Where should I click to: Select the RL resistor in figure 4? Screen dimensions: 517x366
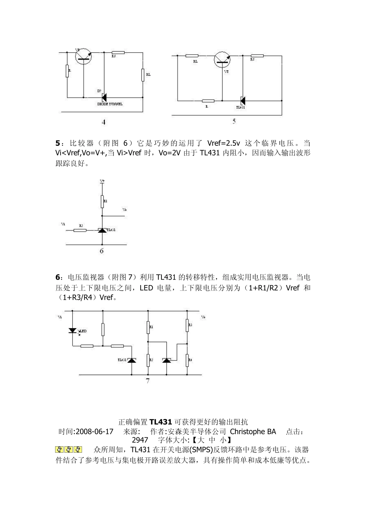tap(143, 75)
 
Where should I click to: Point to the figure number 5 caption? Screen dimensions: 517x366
tap(234, 121)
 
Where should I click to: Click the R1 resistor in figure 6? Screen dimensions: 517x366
tap(102, 202)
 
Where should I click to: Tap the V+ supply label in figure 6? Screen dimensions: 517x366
tap(102, 180)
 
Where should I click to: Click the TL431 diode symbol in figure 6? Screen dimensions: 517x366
tap(102, 230)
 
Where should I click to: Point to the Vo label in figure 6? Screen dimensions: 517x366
tap(124, 210)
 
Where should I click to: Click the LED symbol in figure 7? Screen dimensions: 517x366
tap(72, 330)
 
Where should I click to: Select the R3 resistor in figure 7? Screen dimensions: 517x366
tap(188, 325)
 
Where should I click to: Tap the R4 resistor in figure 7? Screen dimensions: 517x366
tap(188, 360)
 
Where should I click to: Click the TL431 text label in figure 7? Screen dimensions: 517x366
tap(122, 360)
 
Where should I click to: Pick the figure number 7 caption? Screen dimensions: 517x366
tap(148, 381)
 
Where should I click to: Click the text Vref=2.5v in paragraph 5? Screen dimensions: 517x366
tap(223, 143)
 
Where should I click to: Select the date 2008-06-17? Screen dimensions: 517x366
tap(95, 432)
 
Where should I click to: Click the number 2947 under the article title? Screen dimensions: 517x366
tap(140, 440)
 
